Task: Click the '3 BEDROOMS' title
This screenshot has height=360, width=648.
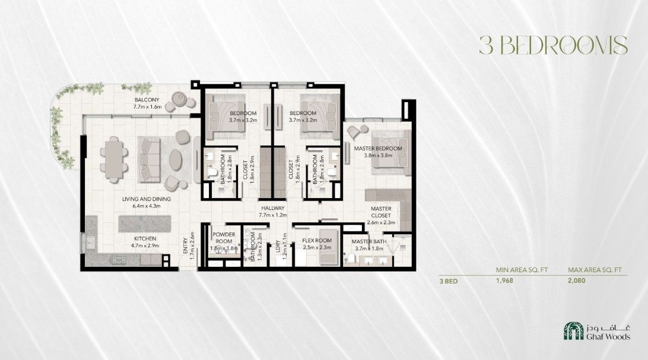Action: [554, 45]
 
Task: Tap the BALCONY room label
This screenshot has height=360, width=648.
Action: [147, 100]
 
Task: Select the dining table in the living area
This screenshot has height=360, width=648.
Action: [114, 160]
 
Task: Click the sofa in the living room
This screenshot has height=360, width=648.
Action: [149, 160]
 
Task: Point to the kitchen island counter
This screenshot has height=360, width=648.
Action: [145, 224]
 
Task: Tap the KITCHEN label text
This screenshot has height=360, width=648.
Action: [145, 238]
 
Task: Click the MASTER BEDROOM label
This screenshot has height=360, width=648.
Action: [378, 149]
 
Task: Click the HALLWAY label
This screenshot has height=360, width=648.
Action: [273, 209]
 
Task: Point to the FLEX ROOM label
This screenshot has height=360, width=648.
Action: [317, 241]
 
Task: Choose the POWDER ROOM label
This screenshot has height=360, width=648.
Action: [224, 238]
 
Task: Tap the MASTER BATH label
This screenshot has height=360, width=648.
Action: [369, 241]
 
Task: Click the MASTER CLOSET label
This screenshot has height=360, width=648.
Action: [381, 212]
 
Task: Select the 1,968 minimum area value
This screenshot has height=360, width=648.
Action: [504, 281]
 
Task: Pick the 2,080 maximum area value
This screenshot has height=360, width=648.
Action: [577, 281]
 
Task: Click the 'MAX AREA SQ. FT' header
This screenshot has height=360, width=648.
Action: [595, 270]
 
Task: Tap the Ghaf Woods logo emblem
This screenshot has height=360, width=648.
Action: [574, 331]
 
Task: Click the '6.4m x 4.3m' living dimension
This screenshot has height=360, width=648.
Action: [147, 206]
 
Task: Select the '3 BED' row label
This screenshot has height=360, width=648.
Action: [449, 282]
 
